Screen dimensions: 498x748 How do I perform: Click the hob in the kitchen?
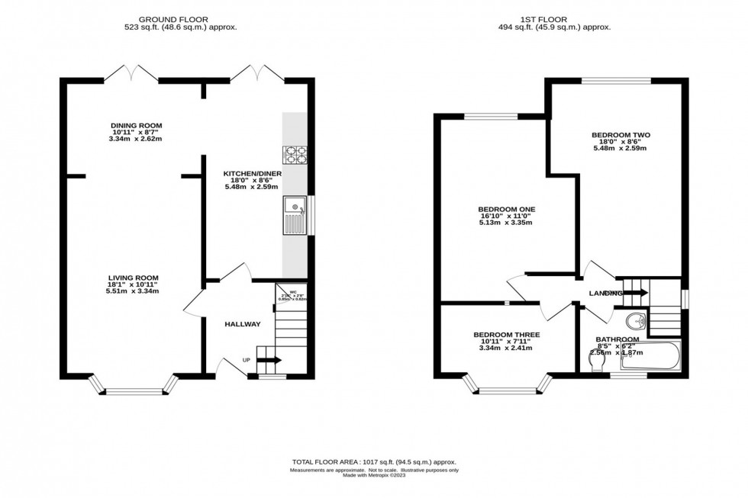[x=295, y=155]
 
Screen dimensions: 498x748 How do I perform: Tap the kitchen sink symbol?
[x=294, y=214]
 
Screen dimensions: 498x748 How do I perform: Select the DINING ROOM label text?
[x=137, y=126]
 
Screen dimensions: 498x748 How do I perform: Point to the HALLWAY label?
[x=242, y=324]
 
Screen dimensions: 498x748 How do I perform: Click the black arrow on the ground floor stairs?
[x=269, y=360]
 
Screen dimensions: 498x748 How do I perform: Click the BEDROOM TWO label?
[x=621, y=136]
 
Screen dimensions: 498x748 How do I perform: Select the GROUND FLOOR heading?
[x=180, y=19]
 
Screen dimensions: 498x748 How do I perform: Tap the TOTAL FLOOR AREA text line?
[x=373, y=461]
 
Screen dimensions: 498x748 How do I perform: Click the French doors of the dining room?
[x=131, y=74]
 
